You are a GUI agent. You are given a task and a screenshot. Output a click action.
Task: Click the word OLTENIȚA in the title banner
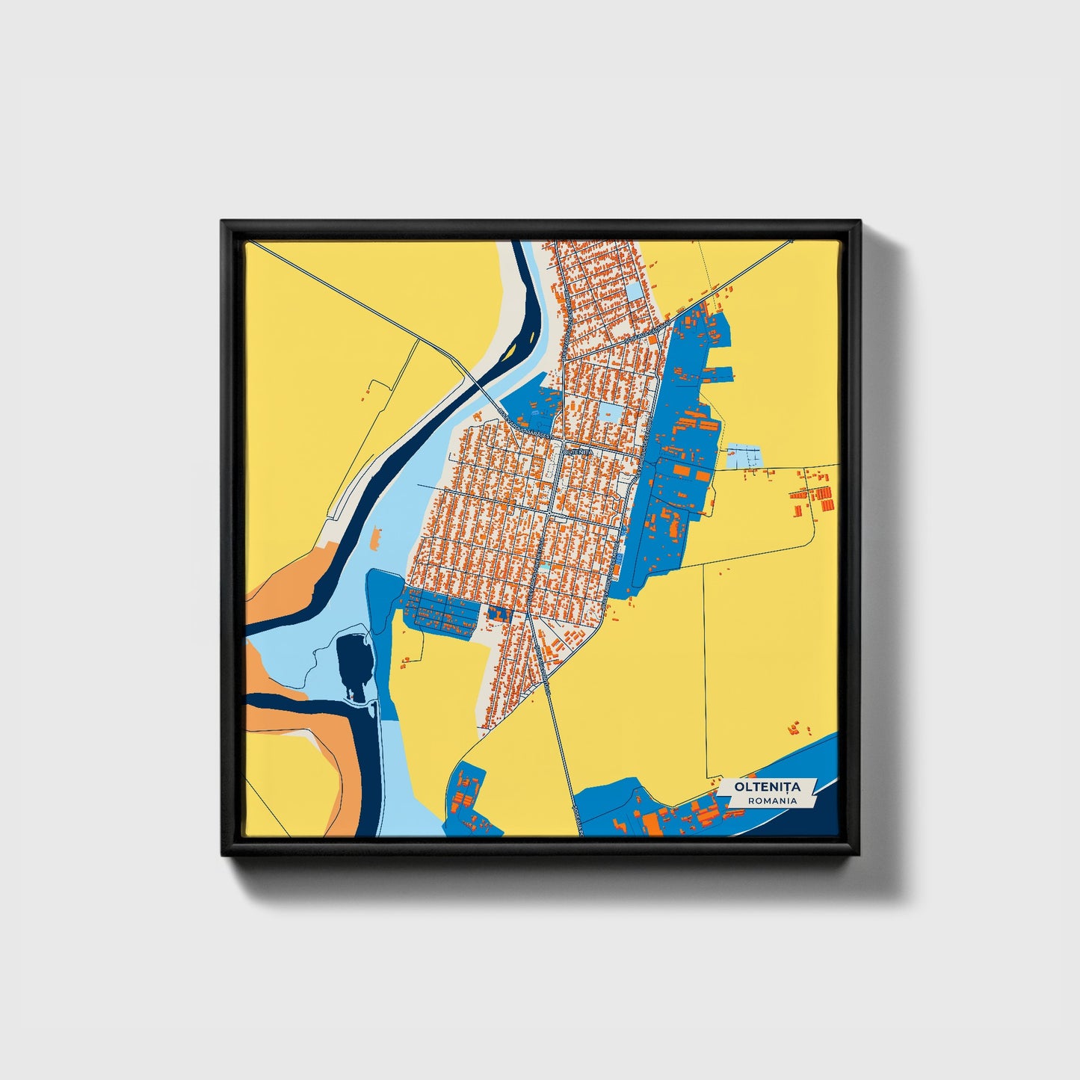(x=767, y=786)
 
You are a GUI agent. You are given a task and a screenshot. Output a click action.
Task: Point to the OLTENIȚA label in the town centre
(x=578, y=451)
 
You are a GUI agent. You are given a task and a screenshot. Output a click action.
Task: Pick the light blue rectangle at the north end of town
(x=635, y=291)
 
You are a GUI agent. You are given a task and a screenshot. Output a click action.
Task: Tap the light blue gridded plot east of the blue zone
(x=743, y=456)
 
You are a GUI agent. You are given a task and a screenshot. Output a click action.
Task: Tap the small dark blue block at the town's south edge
(x=499, y=614)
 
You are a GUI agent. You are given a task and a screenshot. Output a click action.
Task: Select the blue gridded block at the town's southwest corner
(x=441, y=612)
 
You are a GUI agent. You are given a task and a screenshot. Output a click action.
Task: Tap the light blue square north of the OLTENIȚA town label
(x=609, y=413)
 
